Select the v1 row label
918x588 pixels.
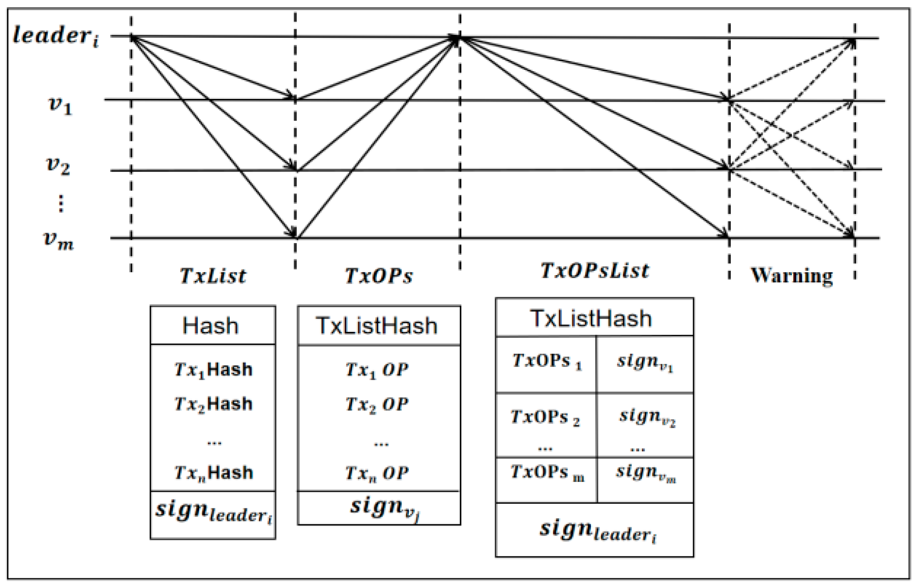[60, 105]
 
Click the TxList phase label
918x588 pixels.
[213, 276]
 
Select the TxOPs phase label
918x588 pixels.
[378, 276]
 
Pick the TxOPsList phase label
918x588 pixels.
[594, 271]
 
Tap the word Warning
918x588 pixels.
[791, 276]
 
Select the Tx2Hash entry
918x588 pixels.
[213, 404]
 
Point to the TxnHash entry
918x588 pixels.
[213, 473]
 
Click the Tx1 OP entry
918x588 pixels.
[377, 370]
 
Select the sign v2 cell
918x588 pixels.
[647, 417]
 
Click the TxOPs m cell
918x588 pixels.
[546, 473]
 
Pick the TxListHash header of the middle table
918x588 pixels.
[377, 326]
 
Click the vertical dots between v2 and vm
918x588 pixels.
[61, 203]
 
